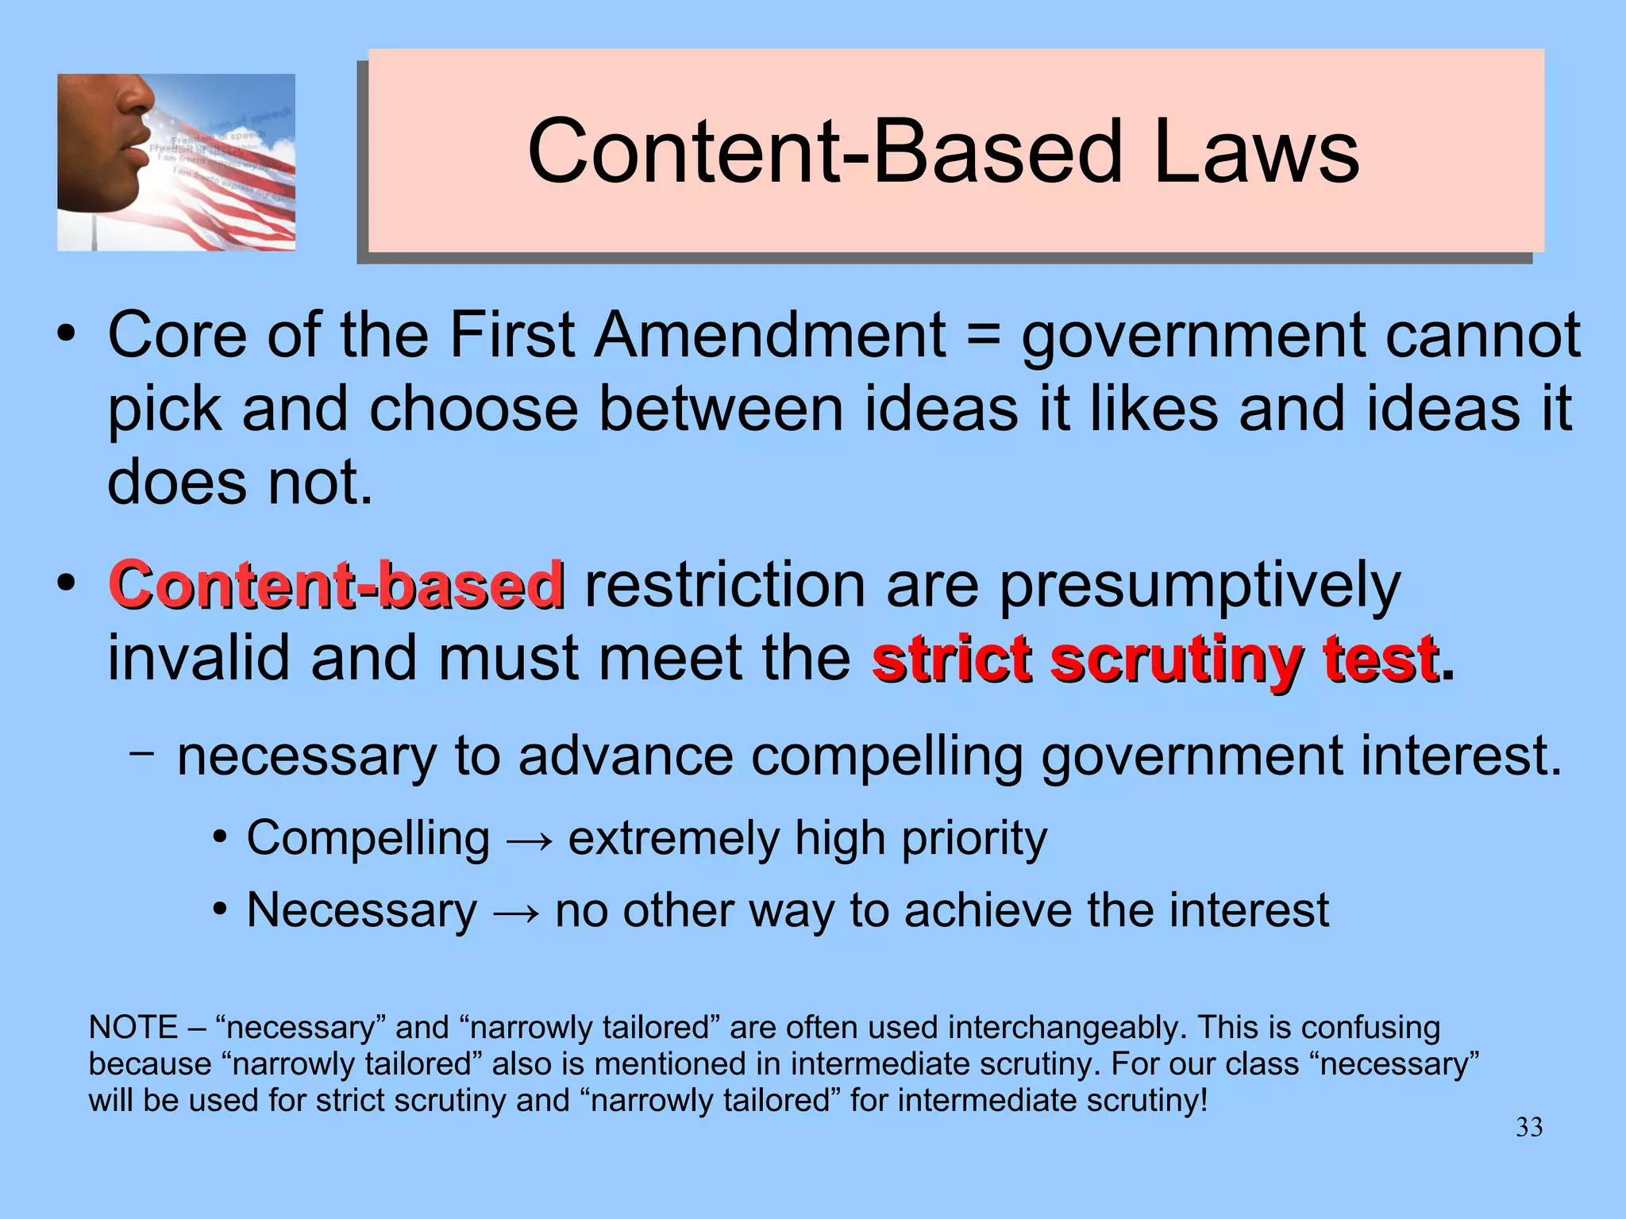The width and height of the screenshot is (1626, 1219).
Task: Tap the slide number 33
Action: point(1529,1127)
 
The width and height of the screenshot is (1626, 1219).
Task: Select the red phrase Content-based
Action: point(337,585)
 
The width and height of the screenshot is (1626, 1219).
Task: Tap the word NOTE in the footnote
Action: point(133,1028)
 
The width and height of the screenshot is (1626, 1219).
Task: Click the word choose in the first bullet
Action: point(474,410)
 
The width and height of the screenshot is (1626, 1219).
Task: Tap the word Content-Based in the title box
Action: point(825,151)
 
